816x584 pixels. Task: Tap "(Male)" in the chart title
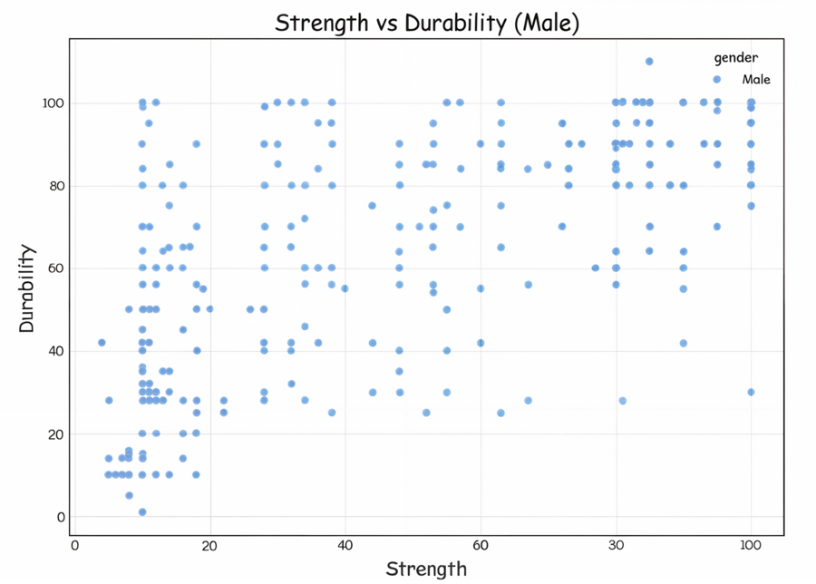tap(546, 23)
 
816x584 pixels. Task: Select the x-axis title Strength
tap(426, 569)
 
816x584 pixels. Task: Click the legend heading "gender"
tap(735, 58)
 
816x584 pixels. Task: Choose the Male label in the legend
tap(756, 80)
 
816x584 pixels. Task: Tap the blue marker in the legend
tap(716, 80)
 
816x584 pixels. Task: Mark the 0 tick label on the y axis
tap(62, 517)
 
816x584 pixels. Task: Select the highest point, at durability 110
tap(649, 62)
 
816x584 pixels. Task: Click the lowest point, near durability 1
tap(142, 512)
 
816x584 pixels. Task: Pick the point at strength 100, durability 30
tap(751, 392)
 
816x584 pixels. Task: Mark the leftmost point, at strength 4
tap(102, 342)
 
